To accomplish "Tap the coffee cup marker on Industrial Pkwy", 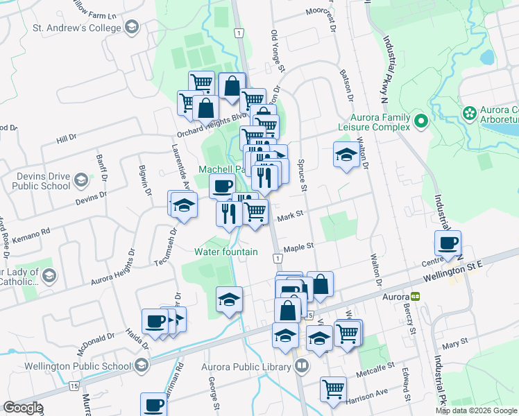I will (x=448, y=243).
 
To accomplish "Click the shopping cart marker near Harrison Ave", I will (x=333, y=388).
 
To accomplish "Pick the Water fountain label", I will (x=226, y=252).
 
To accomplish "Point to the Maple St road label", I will (x=299, y=246).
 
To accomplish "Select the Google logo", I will (x=23, y=408).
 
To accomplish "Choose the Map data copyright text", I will (x=477, y=410).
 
